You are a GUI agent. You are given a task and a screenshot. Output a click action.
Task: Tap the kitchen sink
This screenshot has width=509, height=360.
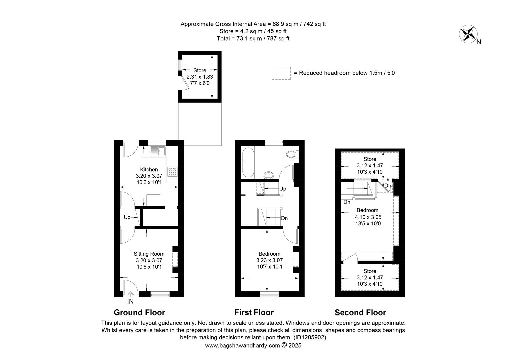pyautogui.click(x=158, y=151)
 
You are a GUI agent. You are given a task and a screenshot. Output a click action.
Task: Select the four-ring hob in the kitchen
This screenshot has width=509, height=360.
pyautogui.click(x=172, y=171)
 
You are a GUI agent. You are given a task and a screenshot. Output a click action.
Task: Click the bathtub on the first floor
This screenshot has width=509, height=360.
pyautogui.click(x=248, y=163)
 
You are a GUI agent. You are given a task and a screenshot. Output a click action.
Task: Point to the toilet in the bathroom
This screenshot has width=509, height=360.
pyautogui.click(x=292, y=154)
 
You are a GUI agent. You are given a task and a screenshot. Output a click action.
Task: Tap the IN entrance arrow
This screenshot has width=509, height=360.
pyautogui.click(x=130, y=294)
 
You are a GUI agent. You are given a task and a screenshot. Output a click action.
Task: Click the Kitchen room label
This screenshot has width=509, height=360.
pyautogui.click(x=149, y=169)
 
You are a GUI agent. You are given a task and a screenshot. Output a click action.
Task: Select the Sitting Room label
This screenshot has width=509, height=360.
pyautogui.click(x=149, y=254)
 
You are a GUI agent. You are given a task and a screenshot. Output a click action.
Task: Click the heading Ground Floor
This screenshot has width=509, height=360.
pyautogui.click(x=139, y=312)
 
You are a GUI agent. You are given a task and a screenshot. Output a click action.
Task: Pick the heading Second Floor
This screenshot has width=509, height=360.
pyautogui.click(x=360, y=312)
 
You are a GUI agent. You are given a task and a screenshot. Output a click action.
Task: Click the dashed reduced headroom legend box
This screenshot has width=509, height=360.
pyautogui.click(x=281, y=73)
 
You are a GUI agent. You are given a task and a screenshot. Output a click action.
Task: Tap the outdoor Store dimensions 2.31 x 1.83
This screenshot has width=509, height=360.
pyautogui.click(x=200, y=77)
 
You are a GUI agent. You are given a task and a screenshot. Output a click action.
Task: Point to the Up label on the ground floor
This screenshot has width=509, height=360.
pyautogui.click(x=127, y=217)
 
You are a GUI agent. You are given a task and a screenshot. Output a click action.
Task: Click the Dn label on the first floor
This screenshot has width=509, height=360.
pyautogui.click(x=284, y=218)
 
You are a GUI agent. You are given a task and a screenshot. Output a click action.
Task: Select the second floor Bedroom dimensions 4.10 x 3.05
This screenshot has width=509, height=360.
pyautogui.click(x=368, y=217)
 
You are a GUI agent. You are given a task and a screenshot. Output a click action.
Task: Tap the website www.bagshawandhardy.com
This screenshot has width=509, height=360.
pyautogui.click(x=243, y=346)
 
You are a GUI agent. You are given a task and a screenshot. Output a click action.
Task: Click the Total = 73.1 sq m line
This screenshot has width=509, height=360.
pyautogui.click(x=253, y=38)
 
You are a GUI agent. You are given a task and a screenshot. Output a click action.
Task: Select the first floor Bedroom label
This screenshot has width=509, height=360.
pyautogui.click(x=270, y=254)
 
